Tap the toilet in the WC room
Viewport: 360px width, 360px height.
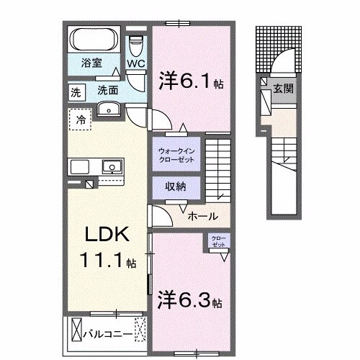click(135, 45)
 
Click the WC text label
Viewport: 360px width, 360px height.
click(135, 64)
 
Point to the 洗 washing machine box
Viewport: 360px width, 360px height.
click(76, 91)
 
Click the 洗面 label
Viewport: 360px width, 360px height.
click(107, 91)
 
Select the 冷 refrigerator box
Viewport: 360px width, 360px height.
click(81, 119)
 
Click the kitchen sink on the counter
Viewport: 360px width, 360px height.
click(112, 167)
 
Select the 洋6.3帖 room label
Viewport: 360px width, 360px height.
click(190, 299)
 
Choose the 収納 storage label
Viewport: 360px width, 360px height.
click(176, 186)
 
